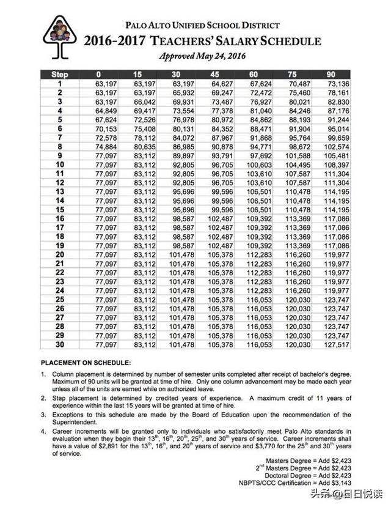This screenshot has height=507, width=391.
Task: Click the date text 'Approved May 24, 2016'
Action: tap(202, 56)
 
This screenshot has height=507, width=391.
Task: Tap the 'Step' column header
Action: tap(60, 75)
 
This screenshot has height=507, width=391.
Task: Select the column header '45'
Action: tap(218, 75)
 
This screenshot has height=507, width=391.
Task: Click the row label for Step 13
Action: tap(60, 192)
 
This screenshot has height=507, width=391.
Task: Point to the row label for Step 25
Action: tap(60, 300)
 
